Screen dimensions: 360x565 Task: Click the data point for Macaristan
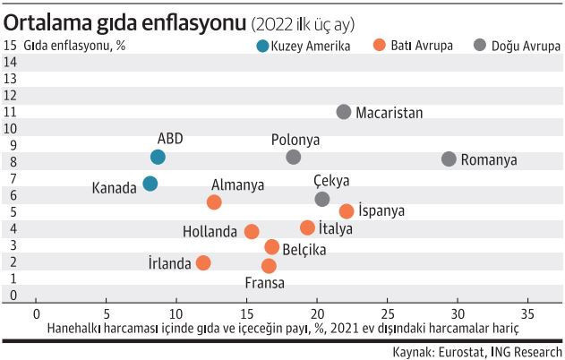(344, 112)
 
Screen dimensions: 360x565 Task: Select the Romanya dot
(449, 159)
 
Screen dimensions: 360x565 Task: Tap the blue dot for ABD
(158, 157)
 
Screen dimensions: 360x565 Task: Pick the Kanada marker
(150, 184)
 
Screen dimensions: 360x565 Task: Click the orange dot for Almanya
(214, 202)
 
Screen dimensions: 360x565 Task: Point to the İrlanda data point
(203, 262)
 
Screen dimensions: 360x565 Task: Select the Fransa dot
(269, 265)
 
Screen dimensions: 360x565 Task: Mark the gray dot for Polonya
(294, 157)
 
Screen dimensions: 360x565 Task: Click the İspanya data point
(347, 211)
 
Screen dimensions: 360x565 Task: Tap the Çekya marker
(322, 198)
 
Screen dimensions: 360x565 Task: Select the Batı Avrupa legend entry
(415, 45)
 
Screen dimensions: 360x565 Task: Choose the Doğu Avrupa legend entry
(517, 45)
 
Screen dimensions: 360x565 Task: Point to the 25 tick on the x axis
(388, 314)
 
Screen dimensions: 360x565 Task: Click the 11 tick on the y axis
(11, 111)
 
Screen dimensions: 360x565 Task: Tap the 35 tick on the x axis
(528, 314)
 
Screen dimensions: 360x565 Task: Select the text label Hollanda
(210, 231)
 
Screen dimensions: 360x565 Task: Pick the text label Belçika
(304, 250)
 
